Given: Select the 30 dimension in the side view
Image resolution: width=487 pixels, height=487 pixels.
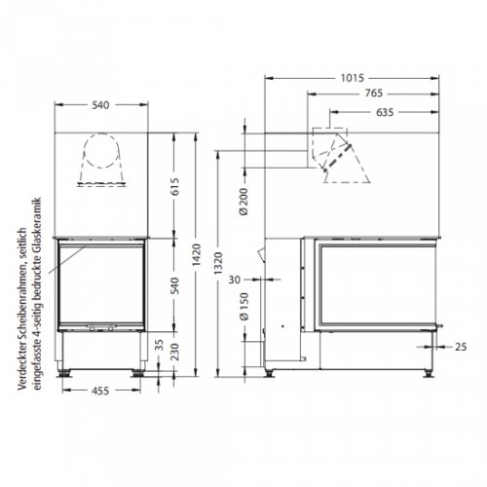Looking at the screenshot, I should click(234, 281).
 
